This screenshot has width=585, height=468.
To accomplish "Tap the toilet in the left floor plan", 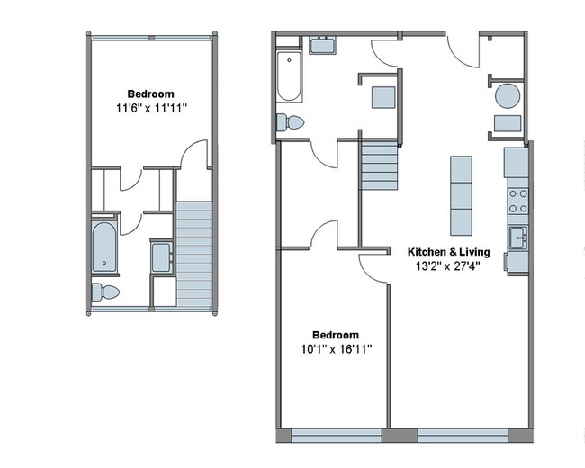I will coord(105,292).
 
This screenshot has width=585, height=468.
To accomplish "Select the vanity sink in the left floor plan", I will coord(163,257).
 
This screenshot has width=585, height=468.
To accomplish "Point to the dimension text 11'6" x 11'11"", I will coord(150,109).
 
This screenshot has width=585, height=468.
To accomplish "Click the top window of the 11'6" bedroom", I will coord(151,36).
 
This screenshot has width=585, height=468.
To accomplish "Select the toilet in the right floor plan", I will coord(292,122).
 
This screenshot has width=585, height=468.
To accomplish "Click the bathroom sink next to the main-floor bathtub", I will coord(322,45).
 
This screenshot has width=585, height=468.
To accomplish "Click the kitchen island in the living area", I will coord(460,194).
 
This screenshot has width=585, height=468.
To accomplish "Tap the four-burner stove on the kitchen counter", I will coord(517,201).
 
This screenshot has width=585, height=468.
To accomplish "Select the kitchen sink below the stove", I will coord(517,238).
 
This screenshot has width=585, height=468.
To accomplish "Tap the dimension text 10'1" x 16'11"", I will coord(336,348).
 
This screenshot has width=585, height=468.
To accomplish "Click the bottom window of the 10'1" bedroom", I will coord(336,436).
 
